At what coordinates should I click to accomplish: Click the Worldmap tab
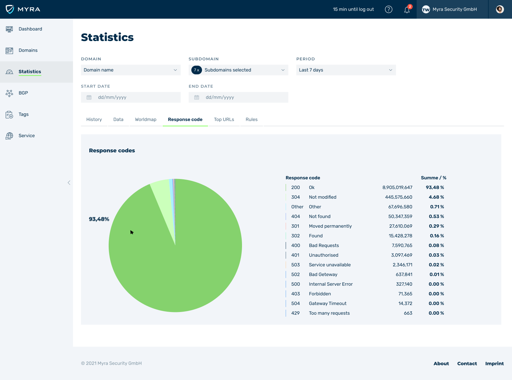pyautogui.click(x=146, y=120)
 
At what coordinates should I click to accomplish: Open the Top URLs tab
pyautogui.click(x=224, y=120)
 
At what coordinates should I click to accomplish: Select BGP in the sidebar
pyautogui.click(x=23, y=93)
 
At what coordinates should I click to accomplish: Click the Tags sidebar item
pyautogui.click(x=23, y=114)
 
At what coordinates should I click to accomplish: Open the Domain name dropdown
pyautogui.click(x=131, y=70)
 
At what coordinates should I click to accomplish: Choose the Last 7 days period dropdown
pyautogui.click(x=346, y=70)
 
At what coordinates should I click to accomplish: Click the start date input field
pyautogui.click(x=131, y=97)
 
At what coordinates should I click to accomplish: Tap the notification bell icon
pyautogui.click(x=407, y=10)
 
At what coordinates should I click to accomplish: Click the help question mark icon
pyautogui.click(x=389, y=9)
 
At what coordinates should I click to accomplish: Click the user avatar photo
pyautogui.click(x=500, y=9)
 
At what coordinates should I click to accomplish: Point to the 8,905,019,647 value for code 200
pyautogui.click(x=397, y=188)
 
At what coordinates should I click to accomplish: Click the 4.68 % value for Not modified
pyautogui.click(x=436, y=197)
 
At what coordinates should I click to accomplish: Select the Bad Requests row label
pyautogui.click(x=324, y=246)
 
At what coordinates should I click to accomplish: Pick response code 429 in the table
pyautogui.click(x=295, y=313)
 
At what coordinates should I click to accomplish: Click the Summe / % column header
pyautogui.click(x=433, y=178)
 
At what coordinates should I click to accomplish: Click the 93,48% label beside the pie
pyautogui.click(x=99, y=219)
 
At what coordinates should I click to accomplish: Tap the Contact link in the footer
pyautogui.click(x=467, y=364)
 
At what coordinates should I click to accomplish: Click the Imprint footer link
pyautogui.click(x=494, y=364)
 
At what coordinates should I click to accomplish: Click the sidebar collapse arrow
pyautogui.click(x=69, y=183)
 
